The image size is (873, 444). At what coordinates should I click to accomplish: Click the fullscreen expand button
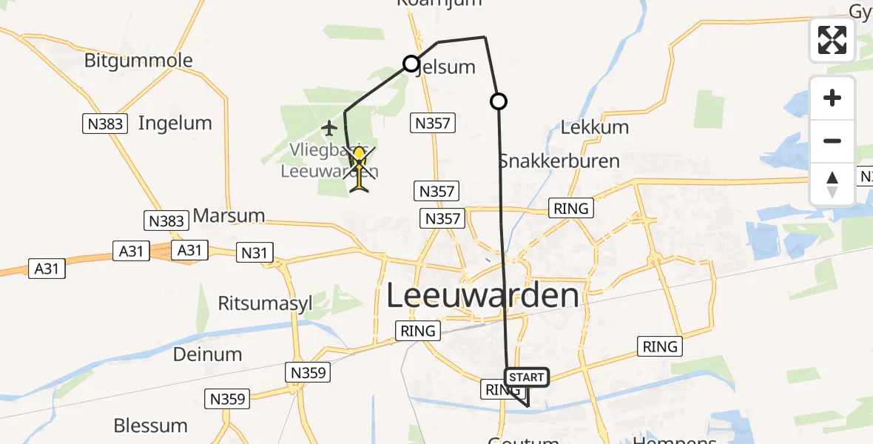coord(832,40)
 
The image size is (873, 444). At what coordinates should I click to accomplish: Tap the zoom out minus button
coord(832,141)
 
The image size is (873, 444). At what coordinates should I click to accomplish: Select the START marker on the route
coord(527,377)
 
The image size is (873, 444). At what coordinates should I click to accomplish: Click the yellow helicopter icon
coord(360,169)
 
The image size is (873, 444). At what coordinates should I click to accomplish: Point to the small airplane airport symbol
coord(330,129)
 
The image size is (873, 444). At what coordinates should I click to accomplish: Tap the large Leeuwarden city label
coord(483,296)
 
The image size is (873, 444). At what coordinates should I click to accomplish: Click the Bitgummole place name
coord(138,61)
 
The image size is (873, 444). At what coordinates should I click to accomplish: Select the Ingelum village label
coord(175,123)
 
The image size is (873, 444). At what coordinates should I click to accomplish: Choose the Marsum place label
coord(229,216)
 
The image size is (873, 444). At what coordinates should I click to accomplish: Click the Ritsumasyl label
coord(266,303)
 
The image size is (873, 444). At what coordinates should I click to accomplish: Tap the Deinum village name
coord(207,354)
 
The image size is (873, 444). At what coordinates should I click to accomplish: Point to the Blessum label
coord(150,425)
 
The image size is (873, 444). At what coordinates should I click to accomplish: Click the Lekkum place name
coord(595,127)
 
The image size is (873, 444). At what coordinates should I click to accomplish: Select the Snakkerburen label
coord(559,161)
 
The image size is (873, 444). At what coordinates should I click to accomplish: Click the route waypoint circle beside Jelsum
coord(411,64)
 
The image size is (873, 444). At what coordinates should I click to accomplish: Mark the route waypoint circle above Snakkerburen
coord(499,101)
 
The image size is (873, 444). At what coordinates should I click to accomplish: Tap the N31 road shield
coord(254,253)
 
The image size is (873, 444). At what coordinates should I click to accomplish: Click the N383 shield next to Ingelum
coord(105,124)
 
